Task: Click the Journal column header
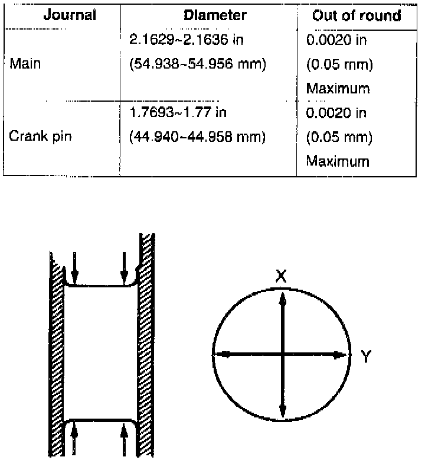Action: click(70, 15)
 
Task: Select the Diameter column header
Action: click(215, 15)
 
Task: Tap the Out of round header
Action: click(357, 15)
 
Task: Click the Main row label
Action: click(25, 63)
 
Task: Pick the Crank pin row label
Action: click(40, 136)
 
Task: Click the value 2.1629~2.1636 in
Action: click(187, 39)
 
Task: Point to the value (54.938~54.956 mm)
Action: click(198, 64)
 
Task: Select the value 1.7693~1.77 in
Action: click(178, 112)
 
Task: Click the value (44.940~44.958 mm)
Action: click(197, 137)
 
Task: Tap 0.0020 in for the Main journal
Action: click(336, 39)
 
